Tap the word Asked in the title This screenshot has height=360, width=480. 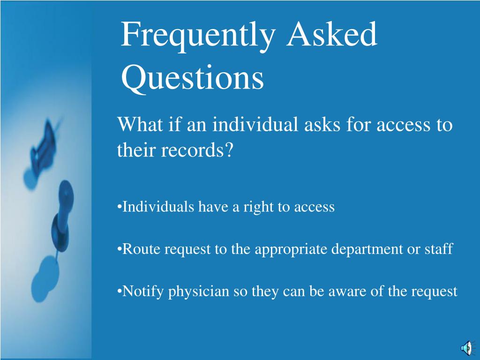point(331,34)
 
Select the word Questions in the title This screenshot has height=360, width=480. point(192,78)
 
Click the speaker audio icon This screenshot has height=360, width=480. point(468,348)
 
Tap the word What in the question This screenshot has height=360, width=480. point(140,124)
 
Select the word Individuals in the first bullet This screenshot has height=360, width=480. point(158,207)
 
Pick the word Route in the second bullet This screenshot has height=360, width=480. point(141,249)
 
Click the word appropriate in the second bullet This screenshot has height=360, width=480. point(291,250)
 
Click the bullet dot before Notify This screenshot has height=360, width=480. point(119,291)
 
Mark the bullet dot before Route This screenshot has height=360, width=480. point(119,248)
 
